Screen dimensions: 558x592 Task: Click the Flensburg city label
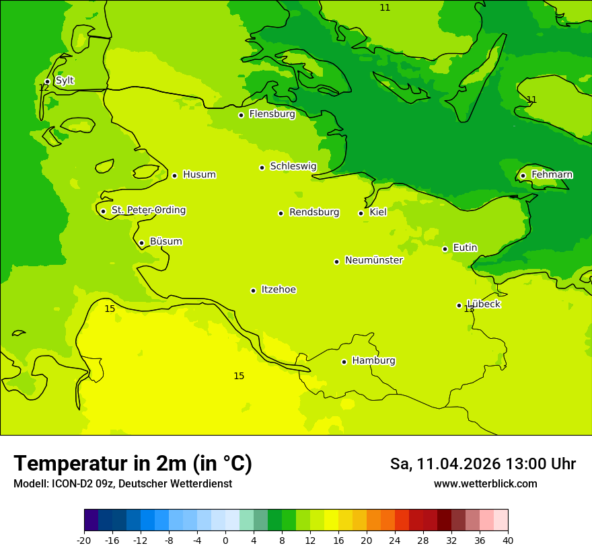click(272, 114)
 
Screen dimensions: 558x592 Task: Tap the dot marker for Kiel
click(361, 213)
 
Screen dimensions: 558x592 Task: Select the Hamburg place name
click(373, 361)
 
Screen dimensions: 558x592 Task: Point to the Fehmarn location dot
click(523, 175)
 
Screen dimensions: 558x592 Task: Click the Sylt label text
click(65, 81)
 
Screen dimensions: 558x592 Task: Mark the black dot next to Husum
click(174, 175)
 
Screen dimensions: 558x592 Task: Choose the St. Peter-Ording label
click(148, 210)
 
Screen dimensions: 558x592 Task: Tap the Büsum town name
click(165, 242)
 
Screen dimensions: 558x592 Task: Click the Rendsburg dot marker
click(281, 213)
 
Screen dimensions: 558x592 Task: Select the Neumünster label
click(373, 261)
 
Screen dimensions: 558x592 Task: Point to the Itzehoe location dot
click(253, 290)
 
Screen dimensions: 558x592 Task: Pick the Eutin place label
click(465, 248)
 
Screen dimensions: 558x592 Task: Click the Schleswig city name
click(293, 167)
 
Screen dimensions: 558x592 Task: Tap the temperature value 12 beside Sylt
click(44, 88)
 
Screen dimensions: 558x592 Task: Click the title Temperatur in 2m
click(133, 464)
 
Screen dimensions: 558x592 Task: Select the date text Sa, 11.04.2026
click(445, 464)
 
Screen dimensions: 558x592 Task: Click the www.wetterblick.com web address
click(485, 484)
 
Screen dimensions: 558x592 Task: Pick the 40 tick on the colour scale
click(508, 541)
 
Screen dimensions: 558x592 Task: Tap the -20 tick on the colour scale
click(84, 541)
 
